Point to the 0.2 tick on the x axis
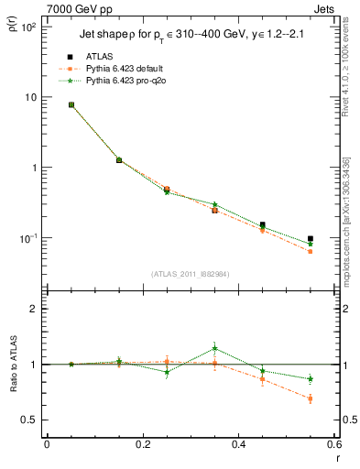point(142,444)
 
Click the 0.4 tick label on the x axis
point(238,444)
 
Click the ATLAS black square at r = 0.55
point(311,239)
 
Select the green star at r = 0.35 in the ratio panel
point(214,348)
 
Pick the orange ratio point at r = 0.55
point(311,398)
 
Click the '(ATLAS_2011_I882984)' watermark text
point(190,273)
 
